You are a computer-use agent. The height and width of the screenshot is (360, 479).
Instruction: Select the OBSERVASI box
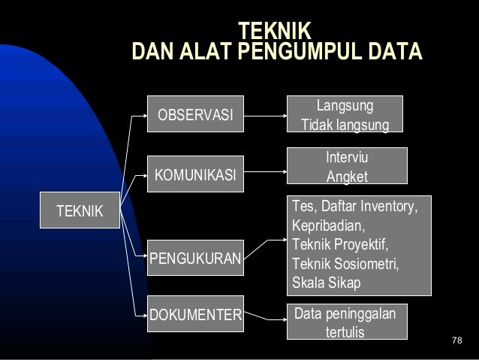194,116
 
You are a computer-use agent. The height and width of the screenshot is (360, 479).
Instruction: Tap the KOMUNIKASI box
194,177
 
